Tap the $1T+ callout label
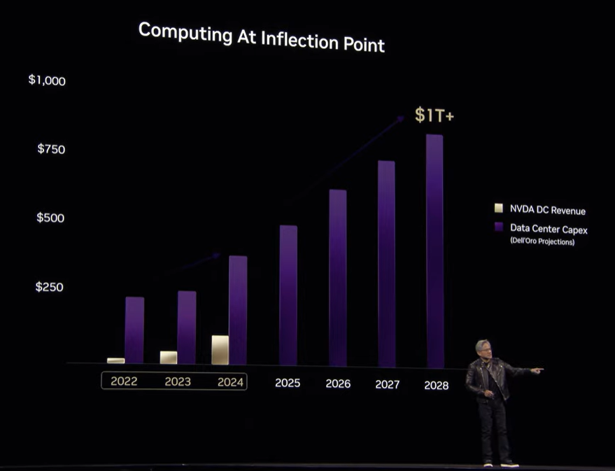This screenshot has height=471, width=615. coord(434,115)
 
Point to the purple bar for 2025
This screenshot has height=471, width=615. coord(288,295)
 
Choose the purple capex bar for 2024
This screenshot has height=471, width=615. coord(238,309)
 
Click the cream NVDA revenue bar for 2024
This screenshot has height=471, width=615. coord(220,349)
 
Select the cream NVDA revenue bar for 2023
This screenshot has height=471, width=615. coord(168,357)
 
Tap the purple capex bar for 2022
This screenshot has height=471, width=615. coord(134,330)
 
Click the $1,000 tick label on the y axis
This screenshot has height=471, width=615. coord(47,80)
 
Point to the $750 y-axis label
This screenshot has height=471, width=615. coord(51,149)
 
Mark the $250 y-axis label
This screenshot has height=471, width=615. coord(50,287)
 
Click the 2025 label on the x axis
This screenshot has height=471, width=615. coord(288,383)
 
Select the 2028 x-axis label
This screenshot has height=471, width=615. coord(437,384)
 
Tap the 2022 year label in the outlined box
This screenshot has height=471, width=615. coord(124,381)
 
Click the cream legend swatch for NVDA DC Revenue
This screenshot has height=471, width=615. coord(499,208)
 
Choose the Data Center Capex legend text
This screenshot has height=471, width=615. coord(549,228)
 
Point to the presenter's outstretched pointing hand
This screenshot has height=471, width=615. coord(537,370)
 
